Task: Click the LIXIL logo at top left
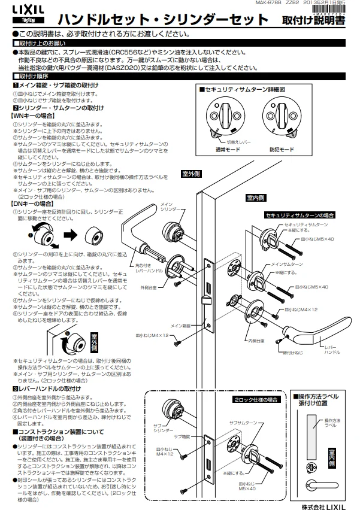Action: [x=17, y=8]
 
